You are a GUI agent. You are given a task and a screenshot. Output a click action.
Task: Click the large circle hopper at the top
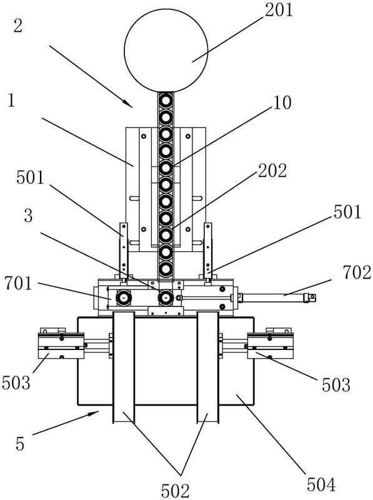pyautogui.click(x=166, y=50)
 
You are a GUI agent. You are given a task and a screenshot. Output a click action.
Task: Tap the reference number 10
pyautogui.click(x=282, y=102)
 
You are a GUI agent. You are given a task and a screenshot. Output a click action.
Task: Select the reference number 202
pyautogui.click(x=272, y=171)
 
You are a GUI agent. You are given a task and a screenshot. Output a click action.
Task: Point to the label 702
pyautogui.click(x=357, y=272)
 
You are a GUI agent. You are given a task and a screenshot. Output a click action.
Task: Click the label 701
pyautogui.click(x=19, y=283)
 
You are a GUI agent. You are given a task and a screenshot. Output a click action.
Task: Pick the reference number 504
pyautogui.click(x=321, y=485)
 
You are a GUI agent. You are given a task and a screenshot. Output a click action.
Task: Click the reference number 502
pyautogui.click(x=176, y=491)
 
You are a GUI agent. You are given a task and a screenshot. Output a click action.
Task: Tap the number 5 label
pyautogui.click(x=20, y=444)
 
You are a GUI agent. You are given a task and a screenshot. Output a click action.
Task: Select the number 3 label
pyautogui.click(x=28, y=216)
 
